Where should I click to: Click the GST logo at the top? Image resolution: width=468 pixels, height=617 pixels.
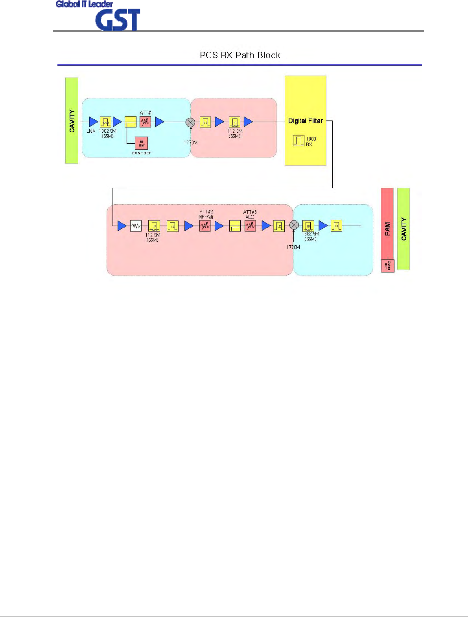(x=118, y=20)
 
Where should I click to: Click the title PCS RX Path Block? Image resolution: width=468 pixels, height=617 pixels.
(x=240, y=55)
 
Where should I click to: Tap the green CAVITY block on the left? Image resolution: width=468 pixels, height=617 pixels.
(x=72, y=120)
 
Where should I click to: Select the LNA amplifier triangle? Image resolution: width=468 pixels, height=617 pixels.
(x=93, y=122)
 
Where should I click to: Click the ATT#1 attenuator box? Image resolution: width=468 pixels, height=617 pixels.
(x=145, y=122)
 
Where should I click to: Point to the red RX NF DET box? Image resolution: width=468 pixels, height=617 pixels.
(x=141, y=143)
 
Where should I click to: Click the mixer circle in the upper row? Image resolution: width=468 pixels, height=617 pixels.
(x=190, y=122)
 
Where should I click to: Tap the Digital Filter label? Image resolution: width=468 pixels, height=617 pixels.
(x=305, y=121)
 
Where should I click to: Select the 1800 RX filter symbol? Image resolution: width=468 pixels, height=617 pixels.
(x=298, y=141)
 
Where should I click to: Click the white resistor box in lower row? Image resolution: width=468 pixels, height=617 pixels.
(x=136, y=226)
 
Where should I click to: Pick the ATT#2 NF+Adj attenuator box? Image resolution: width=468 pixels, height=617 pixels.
(x=205, y=226)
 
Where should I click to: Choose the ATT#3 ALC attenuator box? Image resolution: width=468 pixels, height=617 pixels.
(x=250, y=226)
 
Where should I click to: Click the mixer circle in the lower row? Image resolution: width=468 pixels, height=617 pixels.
(x=294, y=225)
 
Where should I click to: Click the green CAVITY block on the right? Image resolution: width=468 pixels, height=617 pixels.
(x=404, y=229)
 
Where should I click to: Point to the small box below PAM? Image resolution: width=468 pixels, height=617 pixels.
(x=387, y=266)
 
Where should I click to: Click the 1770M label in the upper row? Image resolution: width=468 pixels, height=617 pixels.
(x=190, y=143)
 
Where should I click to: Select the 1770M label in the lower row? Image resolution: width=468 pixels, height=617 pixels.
(x=293, y=247)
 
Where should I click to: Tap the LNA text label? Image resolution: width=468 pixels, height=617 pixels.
(x=91, y=131)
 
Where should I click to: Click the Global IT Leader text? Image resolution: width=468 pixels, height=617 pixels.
(x=84, y=4)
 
